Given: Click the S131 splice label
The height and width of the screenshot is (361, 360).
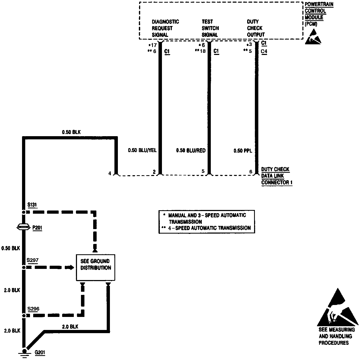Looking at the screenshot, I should point(32,205).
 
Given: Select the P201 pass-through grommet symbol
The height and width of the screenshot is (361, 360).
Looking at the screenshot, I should point(23,227).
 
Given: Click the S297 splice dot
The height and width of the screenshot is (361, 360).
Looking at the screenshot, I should point(24,268).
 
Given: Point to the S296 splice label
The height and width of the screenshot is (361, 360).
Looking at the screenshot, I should point(33,309).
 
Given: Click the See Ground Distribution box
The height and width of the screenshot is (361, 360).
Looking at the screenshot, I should point(96,267).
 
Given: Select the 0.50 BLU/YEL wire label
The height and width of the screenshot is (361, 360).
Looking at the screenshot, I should point(142,151).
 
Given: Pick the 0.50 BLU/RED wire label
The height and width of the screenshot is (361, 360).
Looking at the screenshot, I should point(191,151).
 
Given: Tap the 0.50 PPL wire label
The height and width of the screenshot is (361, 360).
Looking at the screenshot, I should point(243,151).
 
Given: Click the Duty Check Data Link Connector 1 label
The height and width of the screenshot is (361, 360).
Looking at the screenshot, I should point(276,176).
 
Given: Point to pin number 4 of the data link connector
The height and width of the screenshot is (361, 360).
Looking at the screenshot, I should point(110,173).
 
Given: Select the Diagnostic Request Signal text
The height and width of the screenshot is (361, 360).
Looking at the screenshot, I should point(165,28).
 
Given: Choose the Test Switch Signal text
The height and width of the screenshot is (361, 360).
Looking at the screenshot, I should point(210,28).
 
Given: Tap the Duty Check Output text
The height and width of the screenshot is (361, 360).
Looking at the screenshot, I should point(255,28).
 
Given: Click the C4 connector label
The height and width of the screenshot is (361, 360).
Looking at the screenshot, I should point(264,51).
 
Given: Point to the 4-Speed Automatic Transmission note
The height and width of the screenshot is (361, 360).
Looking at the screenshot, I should point(207,228).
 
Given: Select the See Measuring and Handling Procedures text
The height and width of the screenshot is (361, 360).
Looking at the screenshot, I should point(336,336).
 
